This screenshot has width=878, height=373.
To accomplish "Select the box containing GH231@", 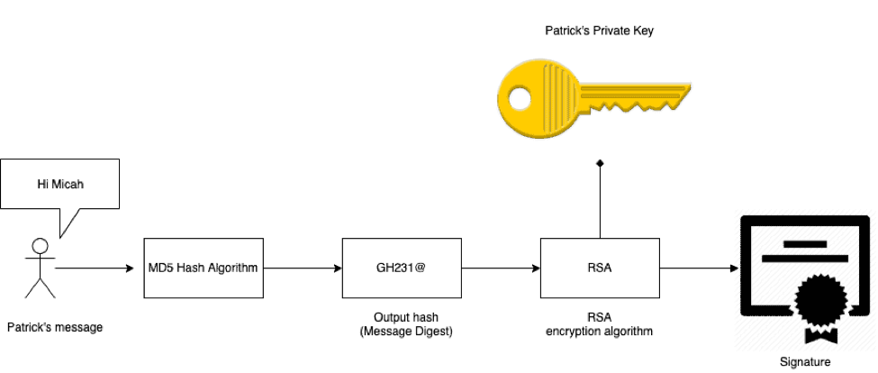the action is (402, 268).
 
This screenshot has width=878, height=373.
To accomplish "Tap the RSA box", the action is (600, 268).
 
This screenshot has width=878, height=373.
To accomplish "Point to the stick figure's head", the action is (41, 247).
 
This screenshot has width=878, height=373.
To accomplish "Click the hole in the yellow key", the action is (519, 100).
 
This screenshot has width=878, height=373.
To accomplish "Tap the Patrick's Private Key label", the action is (599, 31).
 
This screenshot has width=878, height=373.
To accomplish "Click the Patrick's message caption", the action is (55, 328).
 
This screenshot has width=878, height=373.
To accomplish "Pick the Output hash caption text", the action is (406, 317).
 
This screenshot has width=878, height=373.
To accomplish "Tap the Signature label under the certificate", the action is (805, 362).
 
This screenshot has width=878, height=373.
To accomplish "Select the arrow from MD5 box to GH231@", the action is (303, 268).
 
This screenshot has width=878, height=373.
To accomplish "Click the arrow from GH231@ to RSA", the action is (501, 268).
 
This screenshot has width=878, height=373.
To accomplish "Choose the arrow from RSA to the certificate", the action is (700, 268).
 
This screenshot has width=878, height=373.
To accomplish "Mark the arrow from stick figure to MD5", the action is (95, 268).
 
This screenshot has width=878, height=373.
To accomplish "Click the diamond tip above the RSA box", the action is (600, 163).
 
